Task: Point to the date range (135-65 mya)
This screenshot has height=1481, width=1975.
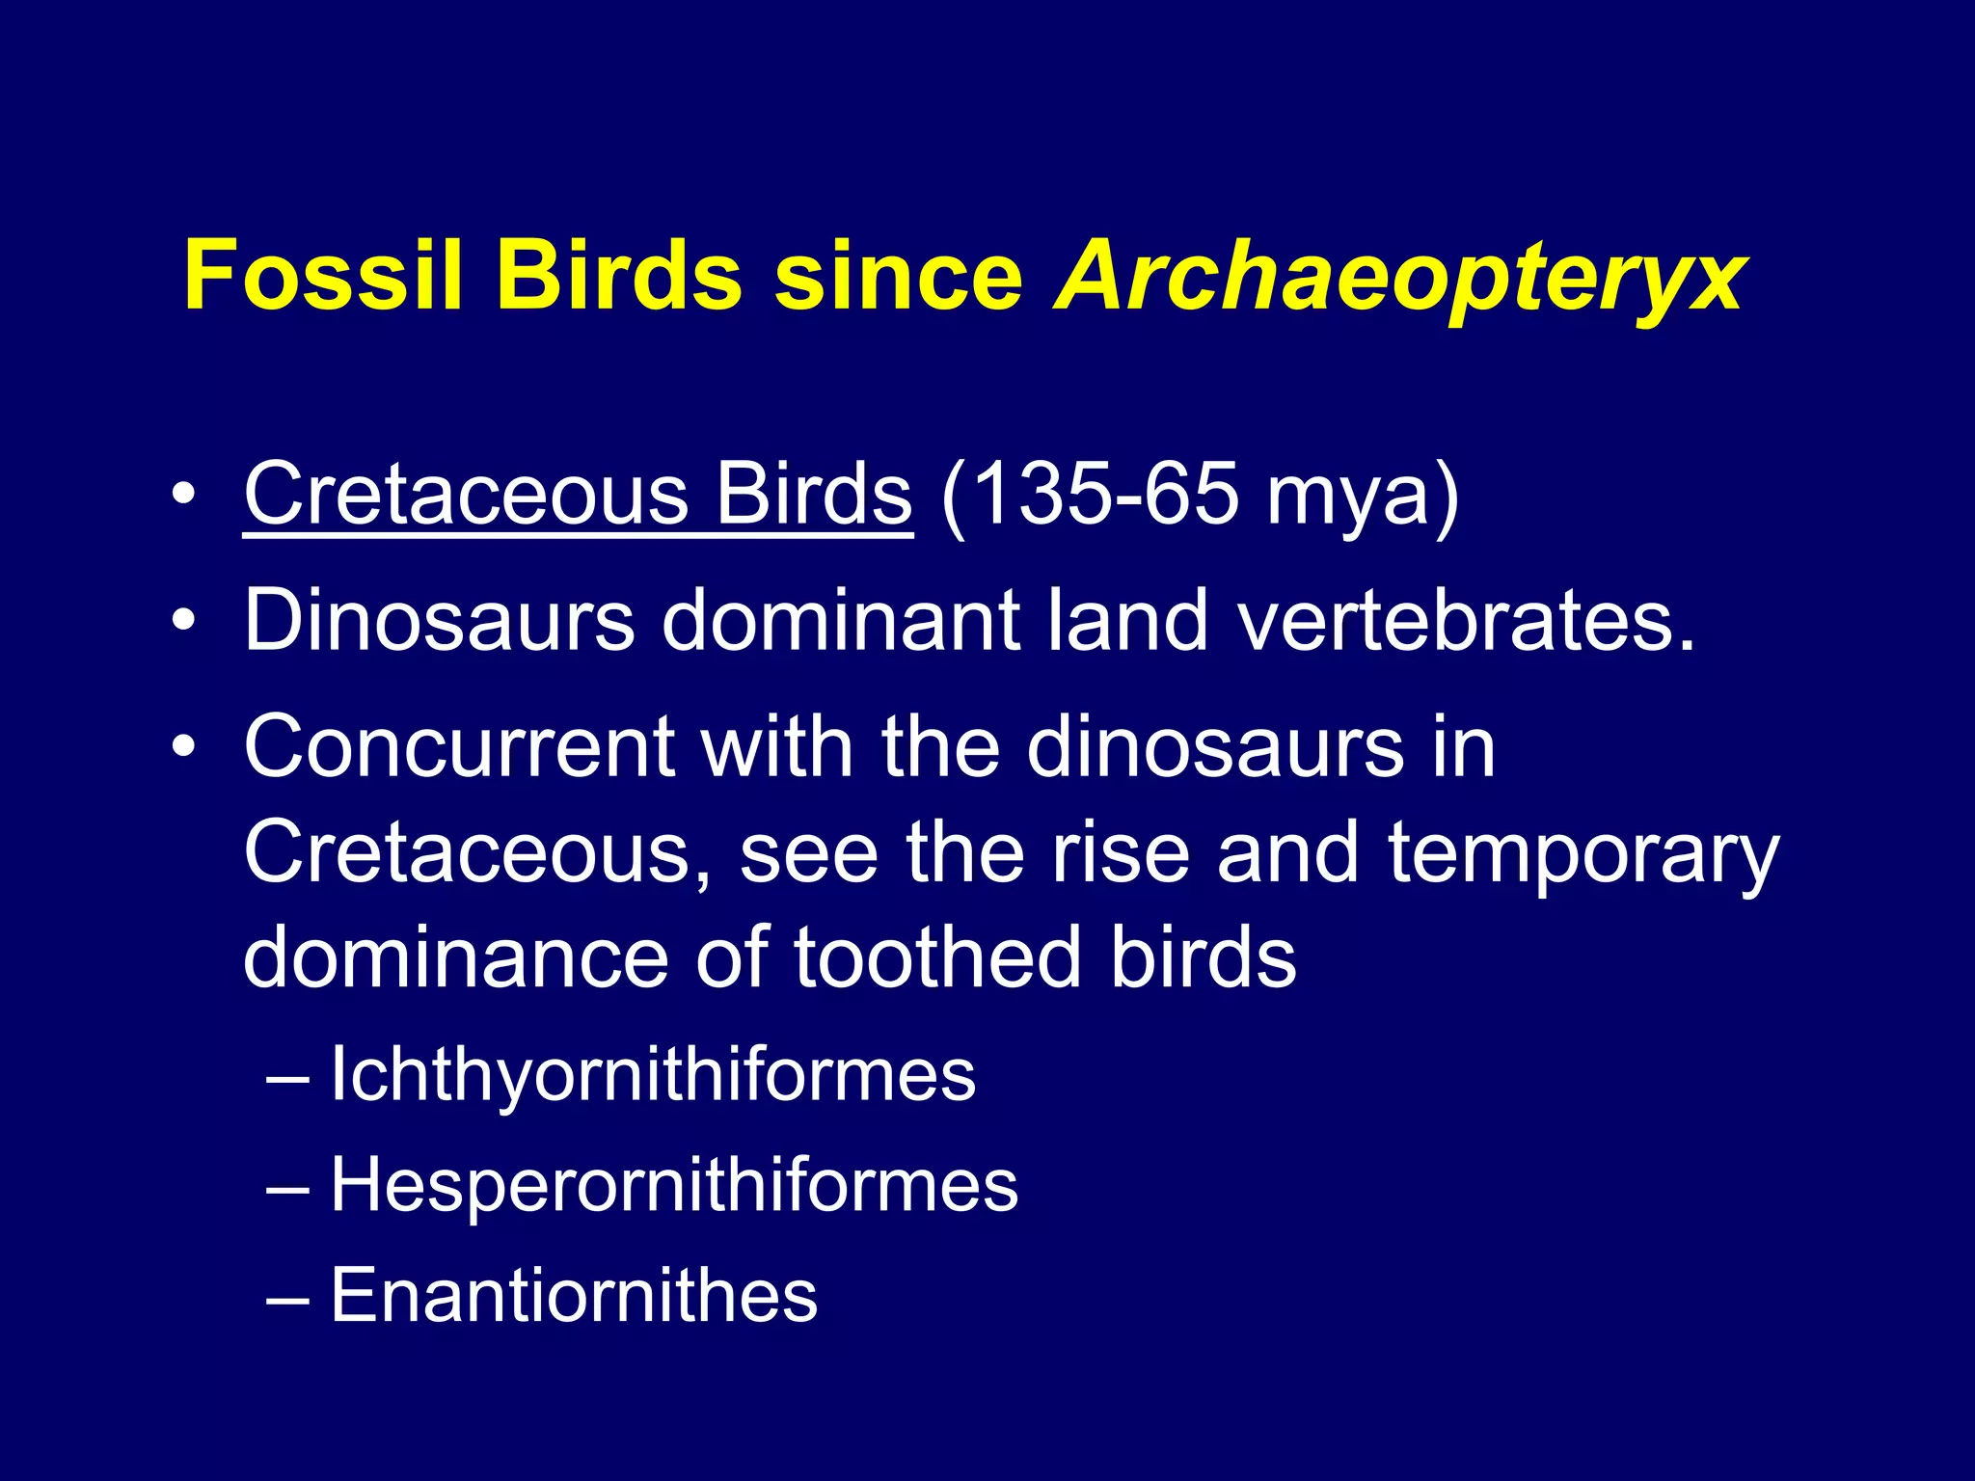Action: (x=1199, y=496)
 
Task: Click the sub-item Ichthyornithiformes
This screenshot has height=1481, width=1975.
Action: (x=652, y=1074)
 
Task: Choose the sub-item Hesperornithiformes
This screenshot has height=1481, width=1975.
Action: (x=673, y=1184)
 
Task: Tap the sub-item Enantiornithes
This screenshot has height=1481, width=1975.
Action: (x=574, y=1294)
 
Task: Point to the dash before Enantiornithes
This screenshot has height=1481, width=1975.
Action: (x=287, y=1298)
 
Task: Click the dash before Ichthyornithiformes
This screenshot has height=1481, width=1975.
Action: (x=287, y=1078)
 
